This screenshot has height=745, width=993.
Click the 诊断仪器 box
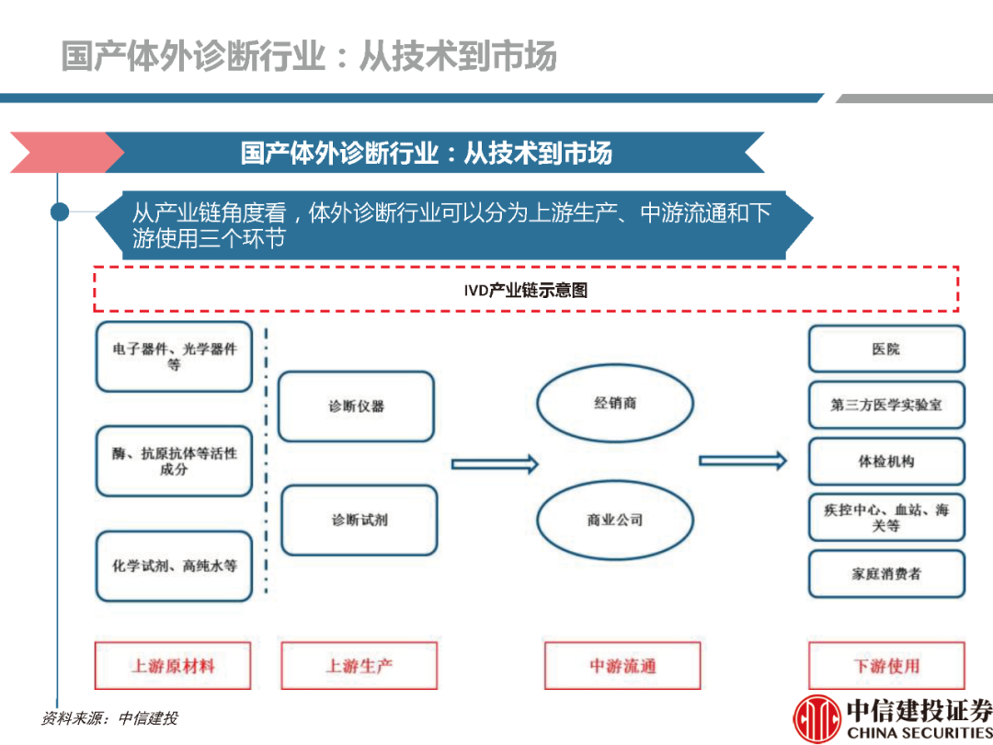pyautogui.click(x=356, y=406)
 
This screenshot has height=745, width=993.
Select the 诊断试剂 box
pyautogui.click(x=359, y=520)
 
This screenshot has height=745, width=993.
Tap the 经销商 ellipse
pyautogui.click(x=615, y=404)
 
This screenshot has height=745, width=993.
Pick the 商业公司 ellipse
pyautogui.click(x=615, y=520)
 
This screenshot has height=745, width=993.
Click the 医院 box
pyautogui.click(x=886, y=350)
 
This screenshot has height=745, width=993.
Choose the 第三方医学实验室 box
pyautogui.click(x=886, y=405)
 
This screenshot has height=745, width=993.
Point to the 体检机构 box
pyautogui.click(x=886, y=461)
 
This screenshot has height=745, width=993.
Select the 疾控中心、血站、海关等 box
pyautogui.click(x=886, y=517)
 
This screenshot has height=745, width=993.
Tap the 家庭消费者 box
pyautogui.click(x=886, y=574)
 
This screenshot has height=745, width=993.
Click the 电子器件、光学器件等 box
pyautogui.click(x=174, y=357)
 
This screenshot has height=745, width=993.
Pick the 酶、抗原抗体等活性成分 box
pyautogui.click(x=174, y=461)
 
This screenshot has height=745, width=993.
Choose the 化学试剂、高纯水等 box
pyautogui.click(x=174, y=566)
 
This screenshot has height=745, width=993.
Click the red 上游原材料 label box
pyautogui.click(x=173, y=665)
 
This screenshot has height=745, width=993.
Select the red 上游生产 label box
pyautogui.click(x=359, y=665)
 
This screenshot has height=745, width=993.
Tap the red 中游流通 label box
pyautogui.click(x=622, y=665)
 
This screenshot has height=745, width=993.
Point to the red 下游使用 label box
pyautogui.click(x=886, y=665)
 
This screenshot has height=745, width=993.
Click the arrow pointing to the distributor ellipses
pyautogui.click(x=495, y=464)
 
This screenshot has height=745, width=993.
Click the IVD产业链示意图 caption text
pyautogui.click(x=525, y=291)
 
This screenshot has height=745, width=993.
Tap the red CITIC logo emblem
pyautogui.click(x=816, y=719)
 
